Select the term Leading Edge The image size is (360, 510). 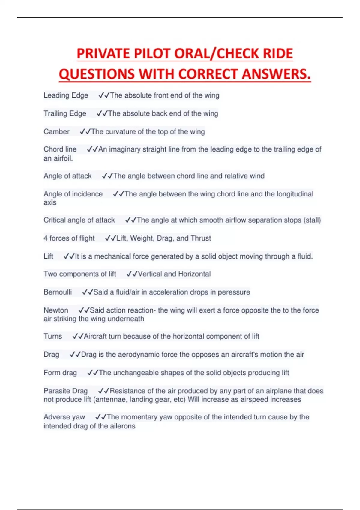(x=66, y=95)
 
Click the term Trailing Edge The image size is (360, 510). (x=65, y=113)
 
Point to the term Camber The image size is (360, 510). (x=56, y=131)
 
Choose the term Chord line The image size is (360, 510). (x=60, y=149)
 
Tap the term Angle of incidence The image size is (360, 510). (x=73, y=194)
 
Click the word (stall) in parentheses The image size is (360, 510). (x=312, y=220)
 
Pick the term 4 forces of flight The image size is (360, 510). (x=69, y=238)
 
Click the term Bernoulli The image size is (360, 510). (x=58, y=292)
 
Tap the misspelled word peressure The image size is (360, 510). (x=234, y=292)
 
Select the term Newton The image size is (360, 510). (x=56, y=310)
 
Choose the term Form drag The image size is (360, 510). (x=60, y=373)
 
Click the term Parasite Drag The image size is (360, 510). (x=66, y=391)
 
